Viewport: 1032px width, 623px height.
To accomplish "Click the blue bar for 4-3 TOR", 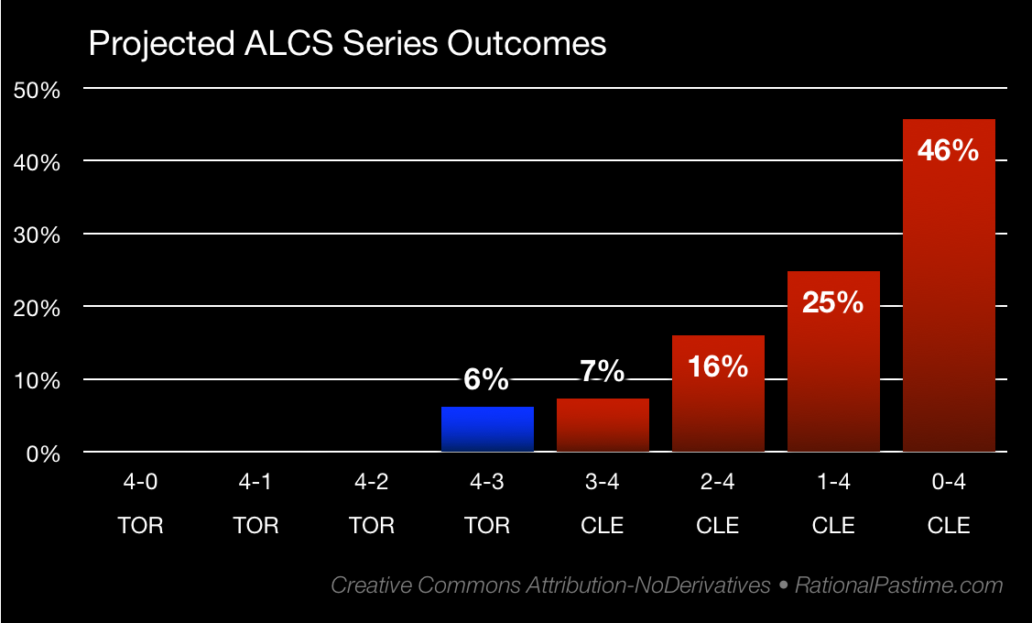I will click(x=487, y=430).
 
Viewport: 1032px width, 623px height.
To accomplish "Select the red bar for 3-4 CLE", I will click(x=603, y=426).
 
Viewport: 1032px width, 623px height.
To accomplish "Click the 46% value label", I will click(x=949, y=150).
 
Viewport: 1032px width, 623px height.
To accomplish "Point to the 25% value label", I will click(x=833, y=302).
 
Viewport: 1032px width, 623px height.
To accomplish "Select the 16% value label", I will click(x=718, y=366).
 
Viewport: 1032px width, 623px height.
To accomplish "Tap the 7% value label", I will click(x=603, y=371).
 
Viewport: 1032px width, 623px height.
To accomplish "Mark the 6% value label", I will click(x=485, y=378).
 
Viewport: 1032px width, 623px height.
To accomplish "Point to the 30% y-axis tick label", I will click(x=37, y=235).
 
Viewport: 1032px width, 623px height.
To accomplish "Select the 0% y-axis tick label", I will click(x=42, y=454).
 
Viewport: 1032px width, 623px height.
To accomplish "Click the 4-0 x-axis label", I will click(x=141, y=484).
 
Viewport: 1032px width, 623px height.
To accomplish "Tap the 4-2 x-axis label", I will click(x=372, y=484).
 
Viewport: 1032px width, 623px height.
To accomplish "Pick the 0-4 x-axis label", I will click(x=949, y=484).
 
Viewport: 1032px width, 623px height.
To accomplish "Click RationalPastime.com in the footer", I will click(x=898, y=585).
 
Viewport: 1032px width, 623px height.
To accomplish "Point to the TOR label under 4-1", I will click(x=256, y=526).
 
